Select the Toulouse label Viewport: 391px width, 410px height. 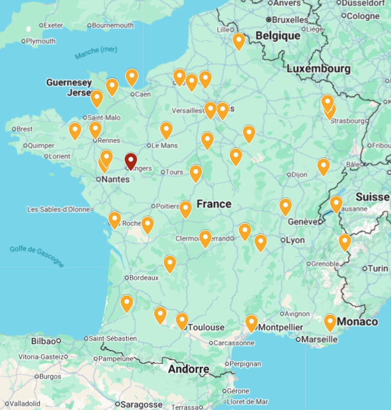click(x=206, y=327)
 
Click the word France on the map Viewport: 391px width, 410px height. click(x=214, y=204)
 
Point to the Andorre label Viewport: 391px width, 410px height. click(x=189, y=370)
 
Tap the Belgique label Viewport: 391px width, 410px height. click(x=278, y=36)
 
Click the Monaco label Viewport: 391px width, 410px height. click(x=357, y=322)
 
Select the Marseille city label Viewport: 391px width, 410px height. click(x=319, y=340)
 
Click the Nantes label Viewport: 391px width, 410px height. click(x=115, y=179)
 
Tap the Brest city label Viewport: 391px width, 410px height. click(x=24, y=129)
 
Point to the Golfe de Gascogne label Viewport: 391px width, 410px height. click(x=37, y=256)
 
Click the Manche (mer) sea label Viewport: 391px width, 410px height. click(x=95, y=53)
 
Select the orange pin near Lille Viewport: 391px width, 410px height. click(x=239, y=40)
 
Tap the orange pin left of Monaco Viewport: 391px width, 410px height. click(x=330, y=321)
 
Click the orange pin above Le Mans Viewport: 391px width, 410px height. click(x=166, y=130)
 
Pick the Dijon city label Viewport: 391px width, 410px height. click(x=299, y=175)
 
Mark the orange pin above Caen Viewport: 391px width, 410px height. click(x=132, y=76)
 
